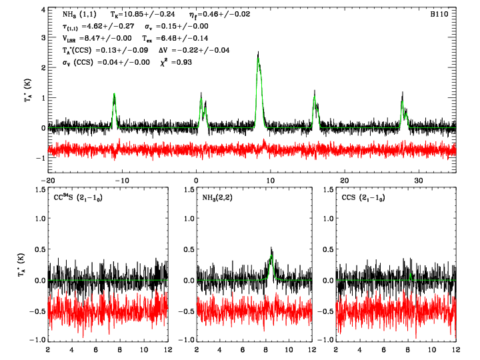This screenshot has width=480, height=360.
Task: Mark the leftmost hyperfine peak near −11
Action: [x=114, y=96]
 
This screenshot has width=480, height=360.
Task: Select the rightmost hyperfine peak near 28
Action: [x=403, y=98]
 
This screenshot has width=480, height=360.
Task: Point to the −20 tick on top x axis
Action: [x=47, y=181]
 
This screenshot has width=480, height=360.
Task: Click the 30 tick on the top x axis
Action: [x=418, y=181]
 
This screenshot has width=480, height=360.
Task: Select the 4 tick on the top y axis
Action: [x=42, y=11]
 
